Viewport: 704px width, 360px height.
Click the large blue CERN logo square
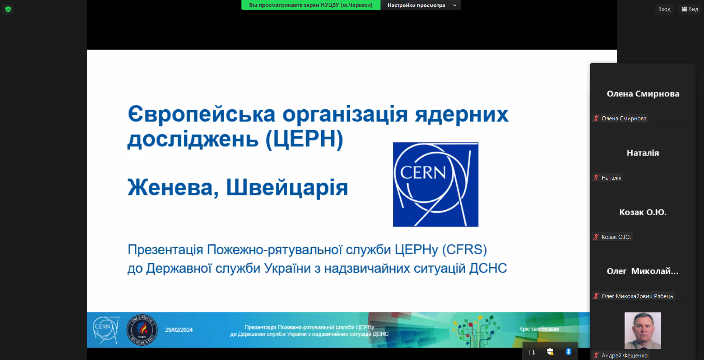436,184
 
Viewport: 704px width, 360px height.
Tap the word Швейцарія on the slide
287,187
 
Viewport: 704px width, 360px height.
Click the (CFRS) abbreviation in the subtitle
464,250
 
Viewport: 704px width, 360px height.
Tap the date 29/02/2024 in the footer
179,330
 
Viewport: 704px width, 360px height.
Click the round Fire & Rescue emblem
142,330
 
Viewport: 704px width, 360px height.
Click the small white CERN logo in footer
106,330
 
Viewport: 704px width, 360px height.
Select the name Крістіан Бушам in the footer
539,329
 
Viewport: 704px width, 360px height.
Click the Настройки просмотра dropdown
421,5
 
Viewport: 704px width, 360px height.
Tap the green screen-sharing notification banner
311,5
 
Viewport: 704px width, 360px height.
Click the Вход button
664,9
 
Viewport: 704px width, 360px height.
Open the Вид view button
690,9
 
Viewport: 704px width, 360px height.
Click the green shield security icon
8,9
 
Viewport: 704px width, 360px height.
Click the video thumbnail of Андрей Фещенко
643,331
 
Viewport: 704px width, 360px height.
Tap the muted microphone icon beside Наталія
596,177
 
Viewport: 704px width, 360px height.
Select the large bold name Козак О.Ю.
643,212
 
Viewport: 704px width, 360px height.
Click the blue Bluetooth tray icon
569,352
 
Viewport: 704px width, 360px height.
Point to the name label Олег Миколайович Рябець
637,296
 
